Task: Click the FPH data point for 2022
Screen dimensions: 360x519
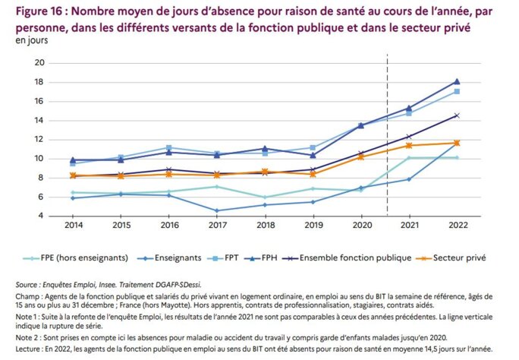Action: click(x=457, y=81)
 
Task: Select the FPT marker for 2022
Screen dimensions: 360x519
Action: click(x=457, y=92)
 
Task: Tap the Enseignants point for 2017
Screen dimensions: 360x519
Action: click(x=218, y=210)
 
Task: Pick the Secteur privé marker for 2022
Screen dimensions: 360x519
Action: click(x=457, y=143)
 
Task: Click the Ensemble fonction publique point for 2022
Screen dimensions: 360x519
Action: click(x=457, y=115)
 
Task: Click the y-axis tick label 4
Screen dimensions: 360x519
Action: click(x=42, y=216)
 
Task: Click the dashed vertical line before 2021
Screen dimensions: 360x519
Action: click(x=387, y=137)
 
